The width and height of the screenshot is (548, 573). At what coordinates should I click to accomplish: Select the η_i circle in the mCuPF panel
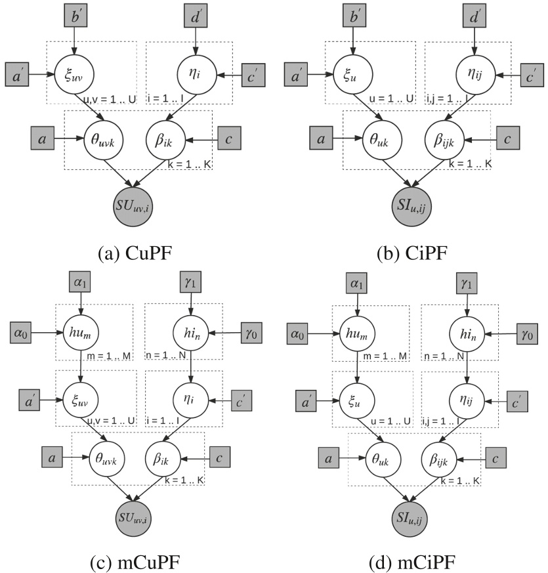[190, 398]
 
